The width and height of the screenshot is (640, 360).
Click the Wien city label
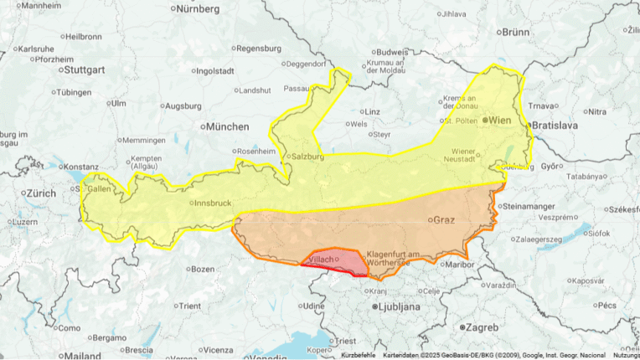500,120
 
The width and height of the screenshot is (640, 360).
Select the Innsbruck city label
210,203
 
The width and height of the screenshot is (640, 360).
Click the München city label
226,126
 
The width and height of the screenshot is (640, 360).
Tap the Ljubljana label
397,307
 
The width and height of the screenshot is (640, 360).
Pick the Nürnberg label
198,9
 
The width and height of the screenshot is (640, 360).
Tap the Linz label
373,111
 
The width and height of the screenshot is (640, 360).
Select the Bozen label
203,269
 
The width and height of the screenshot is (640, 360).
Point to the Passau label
297,87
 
